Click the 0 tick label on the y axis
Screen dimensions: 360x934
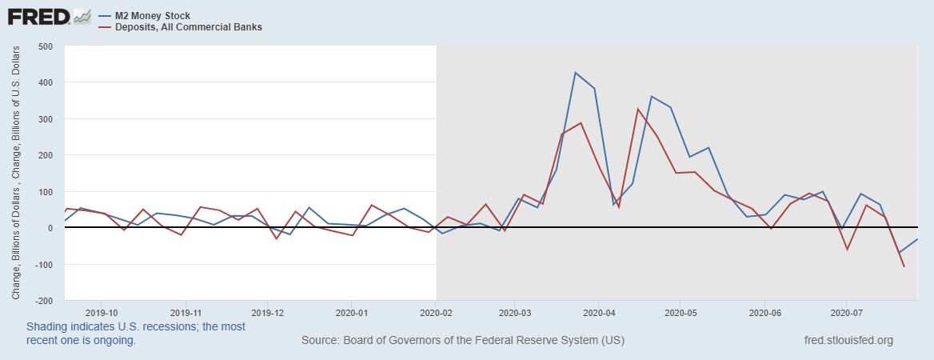point(49,228)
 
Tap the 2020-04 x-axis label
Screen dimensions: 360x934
point(600,313)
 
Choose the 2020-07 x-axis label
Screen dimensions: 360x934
point(847,313)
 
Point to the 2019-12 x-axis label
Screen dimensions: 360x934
point(268,313)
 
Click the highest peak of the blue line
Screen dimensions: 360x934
point(576,73)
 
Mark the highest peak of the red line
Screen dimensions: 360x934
point(638,109)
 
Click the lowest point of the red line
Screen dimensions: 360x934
point(904,266)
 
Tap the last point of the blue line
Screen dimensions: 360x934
point(917,239)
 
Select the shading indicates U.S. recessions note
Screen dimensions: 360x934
point(136,333)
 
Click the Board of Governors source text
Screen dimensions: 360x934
point(463,340)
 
